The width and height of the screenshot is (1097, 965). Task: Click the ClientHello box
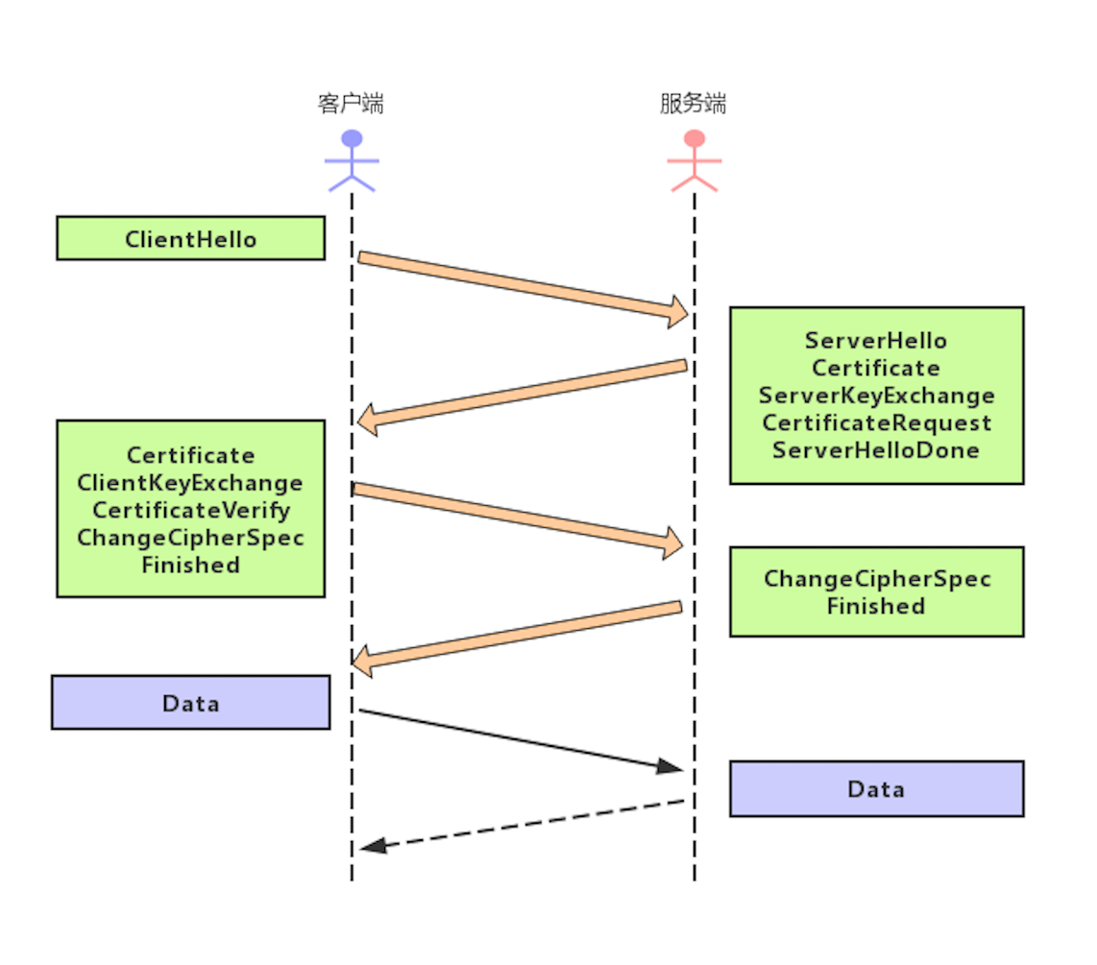pyautogui.click(x=190, y=238)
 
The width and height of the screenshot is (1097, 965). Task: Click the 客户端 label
pyautogui.click(x=351, y=104)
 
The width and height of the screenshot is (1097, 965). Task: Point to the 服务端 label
pyautogui.click(x=693, y=104)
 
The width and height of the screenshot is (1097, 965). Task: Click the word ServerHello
pyautogui.click(x=875, y=341)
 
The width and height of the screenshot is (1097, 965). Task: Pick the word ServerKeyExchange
pyautogui.click(x=876, y=396)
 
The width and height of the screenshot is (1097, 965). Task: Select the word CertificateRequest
pyautogui.click(x=876, y=422)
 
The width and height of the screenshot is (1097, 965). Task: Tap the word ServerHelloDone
pyautogui.click(x=875, y=449)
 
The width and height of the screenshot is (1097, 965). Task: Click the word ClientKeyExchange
pyautogui.click(x=190, y=483)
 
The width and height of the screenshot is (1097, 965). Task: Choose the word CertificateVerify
pyautogui.click(x=190, y=510)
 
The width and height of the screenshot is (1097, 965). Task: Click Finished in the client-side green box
pyautogui.click(x=190, y=565)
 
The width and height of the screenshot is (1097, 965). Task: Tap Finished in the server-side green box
pyautogui.click(x=875, y=606)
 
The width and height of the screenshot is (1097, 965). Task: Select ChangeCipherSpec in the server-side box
pyautogui.click(x=876, y=579)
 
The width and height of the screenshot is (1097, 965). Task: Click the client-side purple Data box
pyautogui.click(x=190, y=703)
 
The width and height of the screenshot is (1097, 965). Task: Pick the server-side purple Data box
pyautogui.click(x=875, y=789)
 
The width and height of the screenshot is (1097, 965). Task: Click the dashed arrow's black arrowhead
pyautogui.click(x=374, y=845)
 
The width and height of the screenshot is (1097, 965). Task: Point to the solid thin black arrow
pyautogui.click(x=519, y=739)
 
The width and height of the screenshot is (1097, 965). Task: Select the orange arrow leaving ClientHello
pyautogui.click(x=519, y=284)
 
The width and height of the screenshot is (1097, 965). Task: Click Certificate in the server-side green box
pyautogui.click(x=875, y=368)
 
